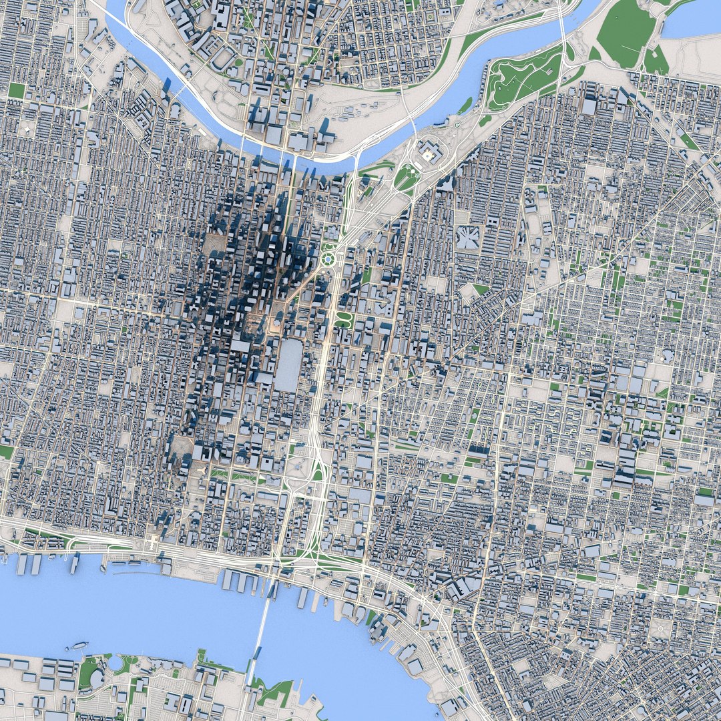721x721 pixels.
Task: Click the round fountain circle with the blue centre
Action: pos(328,258)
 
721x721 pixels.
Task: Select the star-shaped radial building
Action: pos(467,238)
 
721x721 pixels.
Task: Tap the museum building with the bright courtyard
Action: pos(426,155)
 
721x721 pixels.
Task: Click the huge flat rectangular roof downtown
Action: pos(288,365)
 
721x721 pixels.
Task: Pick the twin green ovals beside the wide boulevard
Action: pos(342,319)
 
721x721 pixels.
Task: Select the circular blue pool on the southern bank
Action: pos(115,663)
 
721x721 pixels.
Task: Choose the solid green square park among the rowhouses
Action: pos(16,91)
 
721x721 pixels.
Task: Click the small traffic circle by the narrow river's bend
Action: pos(457,124)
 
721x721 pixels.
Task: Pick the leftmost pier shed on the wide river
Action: pos(22,564)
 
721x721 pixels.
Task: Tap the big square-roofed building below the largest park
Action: pos(589,105)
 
